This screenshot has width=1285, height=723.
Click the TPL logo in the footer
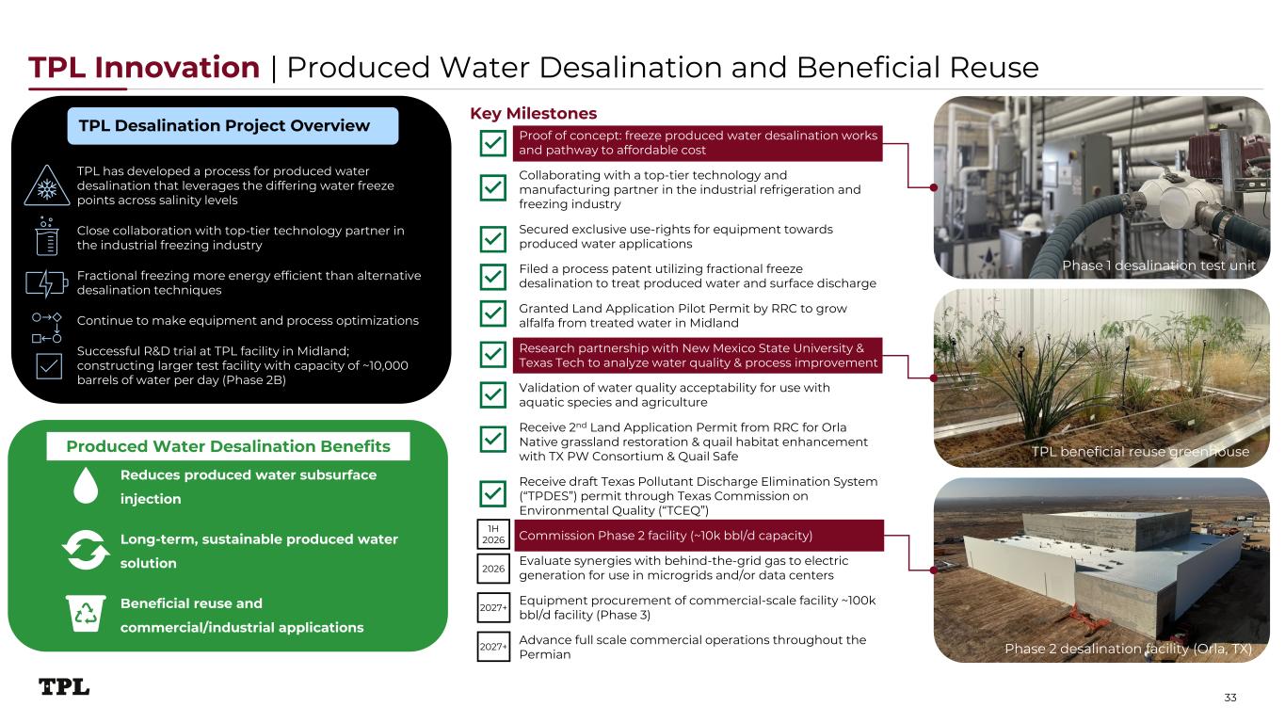(64, 687)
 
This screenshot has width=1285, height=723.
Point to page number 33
(1229, 698)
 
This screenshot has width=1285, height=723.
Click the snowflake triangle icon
(47, 185)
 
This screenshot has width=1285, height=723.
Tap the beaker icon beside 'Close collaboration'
(47, 236)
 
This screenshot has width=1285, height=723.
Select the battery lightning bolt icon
(47, 283)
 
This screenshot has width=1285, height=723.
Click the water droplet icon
(86, 486)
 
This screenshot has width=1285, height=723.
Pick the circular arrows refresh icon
(86, 550)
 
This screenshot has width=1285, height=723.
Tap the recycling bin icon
(86, 614)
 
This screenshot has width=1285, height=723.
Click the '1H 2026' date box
(493, 534)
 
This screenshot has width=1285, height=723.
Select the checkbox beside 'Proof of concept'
(492, 143)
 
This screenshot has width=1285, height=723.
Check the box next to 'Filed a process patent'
(492, 277)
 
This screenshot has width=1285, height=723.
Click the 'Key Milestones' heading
(534, 114)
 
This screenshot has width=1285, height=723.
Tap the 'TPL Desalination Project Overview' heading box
(233, 125)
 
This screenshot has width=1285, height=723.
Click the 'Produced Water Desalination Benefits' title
(229, 446)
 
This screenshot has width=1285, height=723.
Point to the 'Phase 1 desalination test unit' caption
(1159, 265)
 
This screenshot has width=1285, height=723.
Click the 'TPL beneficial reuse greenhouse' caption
(1140, 452)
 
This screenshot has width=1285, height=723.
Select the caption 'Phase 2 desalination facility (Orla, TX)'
(1129, 649)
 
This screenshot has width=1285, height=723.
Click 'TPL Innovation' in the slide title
(144, 67)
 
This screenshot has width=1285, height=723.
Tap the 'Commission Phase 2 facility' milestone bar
(699, 536)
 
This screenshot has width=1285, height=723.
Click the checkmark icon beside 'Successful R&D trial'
(49, 366)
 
